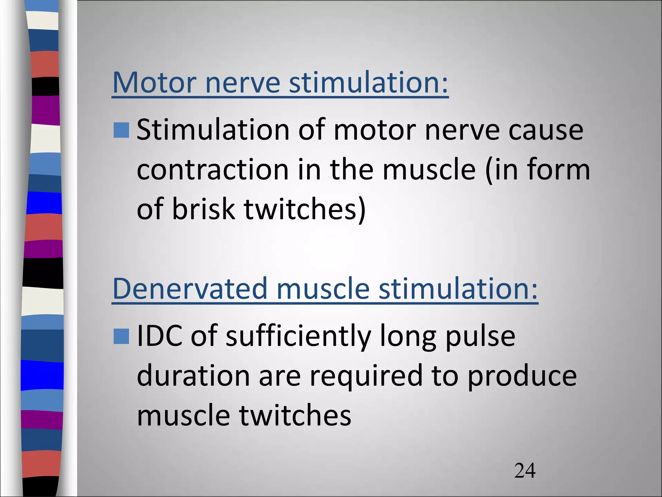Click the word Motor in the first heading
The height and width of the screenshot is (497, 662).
coord(154,83)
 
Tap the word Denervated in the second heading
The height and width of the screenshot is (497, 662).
coord(190,289)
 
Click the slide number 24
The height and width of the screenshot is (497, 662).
coord(525,471)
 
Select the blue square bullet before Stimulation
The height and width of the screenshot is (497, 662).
coord(121,130)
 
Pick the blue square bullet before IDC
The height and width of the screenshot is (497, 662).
coord(121,337)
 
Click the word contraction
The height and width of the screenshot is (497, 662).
coord(213,170)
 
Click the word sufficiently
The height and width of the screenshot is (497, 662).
coord(298,337)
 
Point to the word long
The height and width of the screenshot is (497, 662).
coord(408,337)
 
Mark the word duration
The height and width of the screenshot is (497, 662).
coord(193,376)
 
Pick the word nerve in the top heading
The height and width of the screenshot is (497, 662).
coord(242,83)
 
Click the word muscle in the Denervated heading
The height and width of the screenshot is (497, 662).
coord(323,289)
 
